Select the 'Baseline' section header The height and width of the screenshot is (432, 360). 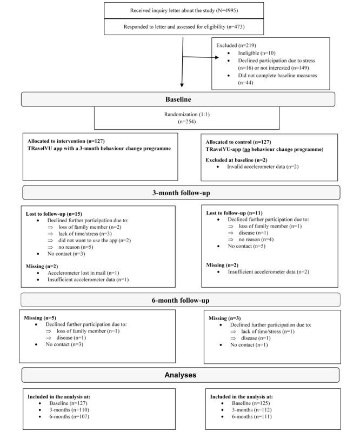pos(178,99)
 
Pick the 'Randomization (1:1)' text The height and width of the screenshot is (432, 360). pos(187,115)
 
